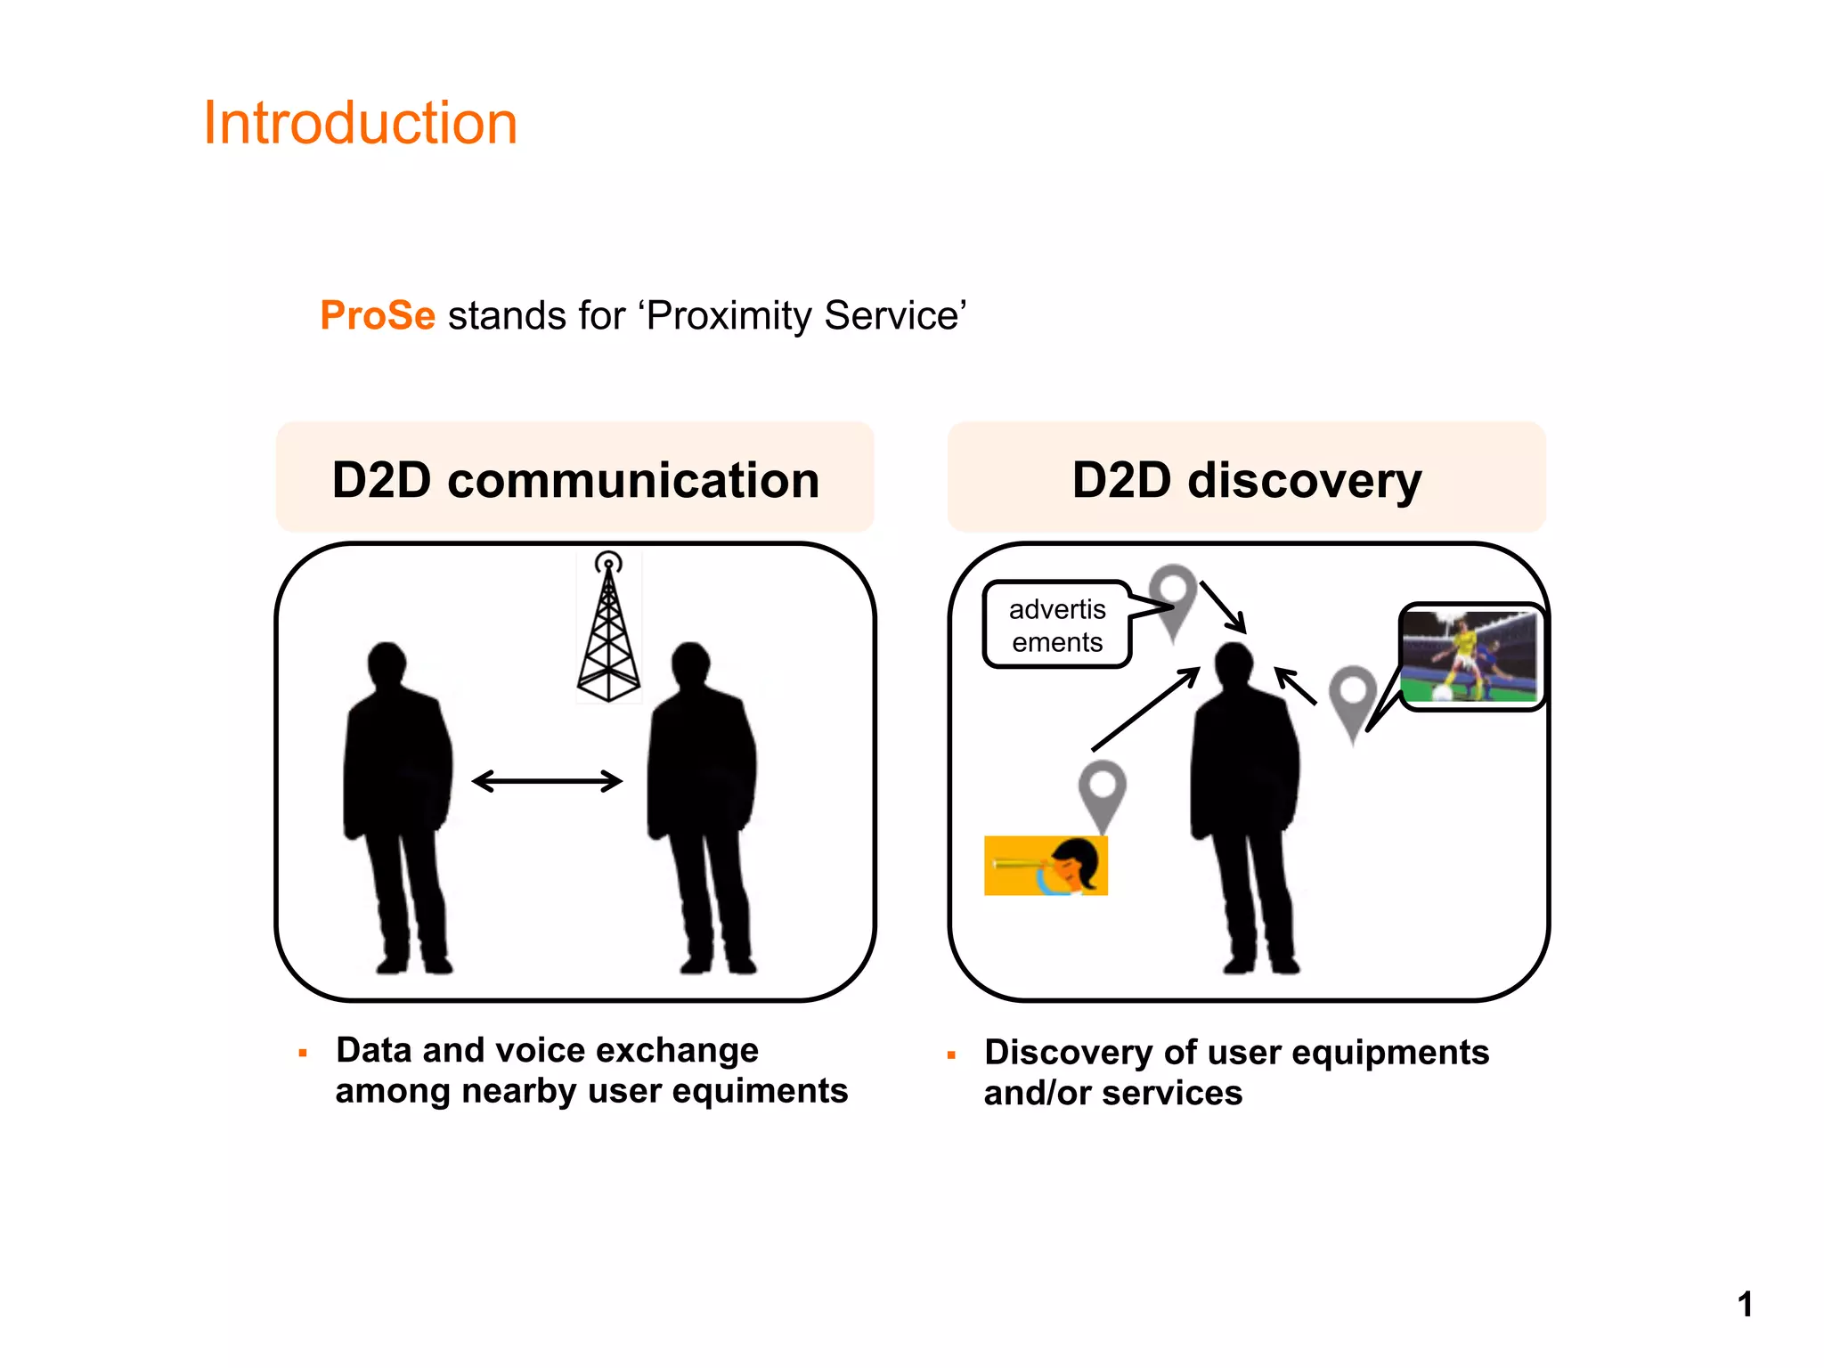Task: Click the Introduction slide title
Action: click(x=360, y=123)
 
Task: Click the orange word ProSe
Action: click(x=378, y=316)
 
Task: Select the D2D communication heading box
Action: click(x=575, y=478)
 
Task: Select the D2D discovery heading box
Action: click(x=1247, y=478)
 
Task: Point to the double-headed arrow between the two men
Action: click(x=547, y=781)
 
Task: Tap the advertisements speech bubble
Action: click(x=1056, y=624)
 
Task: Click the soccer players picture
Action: click(x=1470, y=657)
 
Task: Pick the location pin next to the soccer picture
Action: click(x=1353, y=699)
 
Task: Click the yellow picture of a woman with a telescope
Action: click(x=1046, y=865)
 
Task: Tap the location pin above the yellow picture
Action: click(x=1103, y=791)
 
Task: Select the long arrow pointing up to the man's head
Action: click(x=1145, y=709)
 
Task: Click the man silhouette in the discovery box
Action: click(x=1245, y=802)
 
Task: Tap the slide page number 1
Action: click(x=1745, y=1304)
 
